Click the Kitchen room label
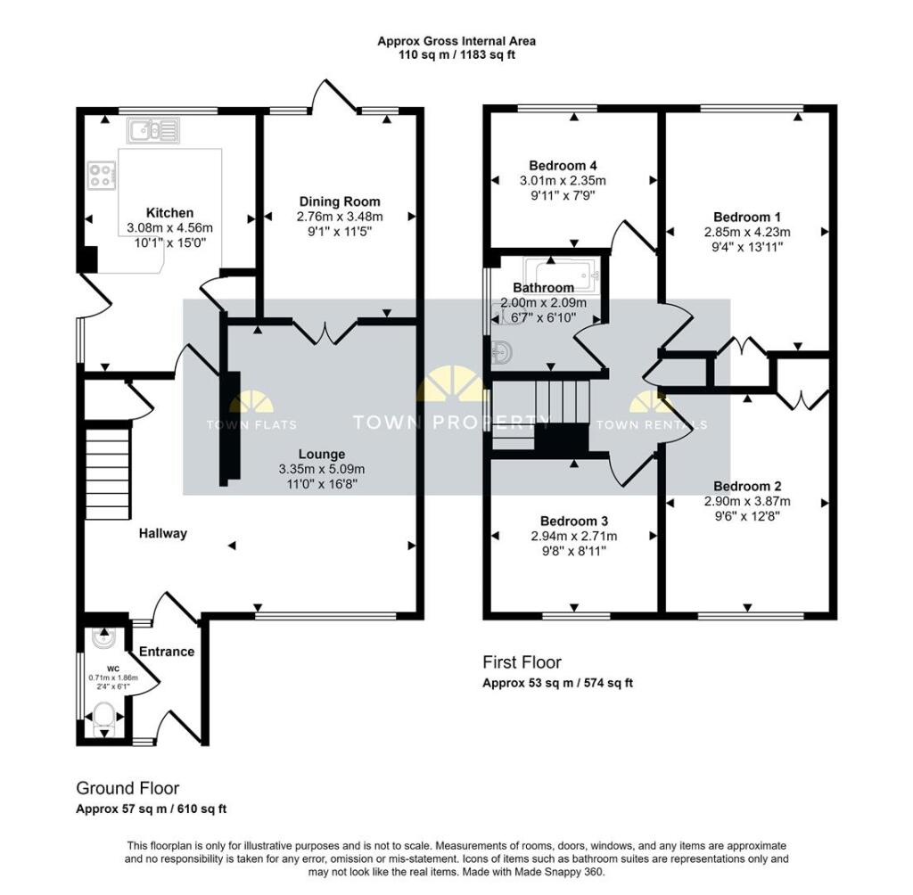click(x=169, y=213)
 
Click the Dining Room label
click(x=339, y=201)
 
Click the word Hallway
click(x=163, y=533)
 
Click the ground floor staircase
click(x=103, y=472)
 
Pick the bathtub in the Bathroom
click(x=561, y=273)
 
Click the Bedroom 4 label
click(x=562, y=166)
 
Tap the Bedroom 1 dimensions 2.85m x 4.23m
click(x=747, y=233)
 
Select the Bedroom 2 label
click(x=747, y=487)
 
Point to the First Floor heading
click(x=522, y=662)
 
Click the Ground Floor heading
click(x=127, y=788)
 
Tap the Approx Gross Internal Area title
click(x=456, y=41)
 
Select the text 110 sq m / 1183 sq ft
click(x=456, y=55)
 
